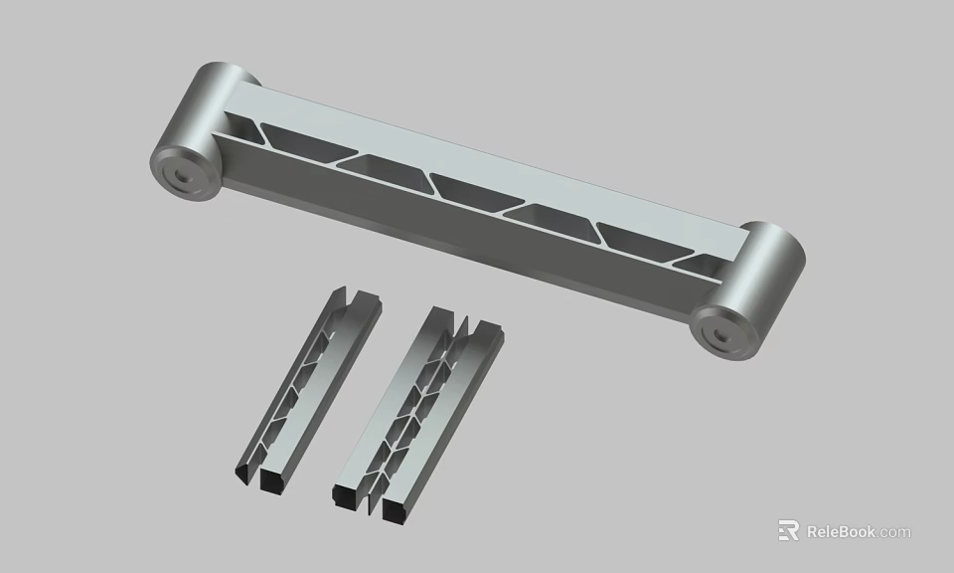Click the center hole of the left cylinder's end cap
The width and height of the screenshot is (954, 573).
pyautogui.click(x=182, y=174)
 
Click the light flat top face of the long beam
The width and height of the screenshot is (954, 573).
pyautogui.click(x=497, y=159)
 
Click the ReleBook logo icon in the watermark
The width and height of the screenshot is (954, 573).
pyautogui.click(x=788, y=531)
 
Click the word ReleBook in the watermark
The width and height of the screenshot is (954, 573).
pyautogui.click(x=841, y=531)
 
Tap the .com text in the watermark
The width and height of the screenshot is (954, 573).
pyautogui.click(x=893, y=532)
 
